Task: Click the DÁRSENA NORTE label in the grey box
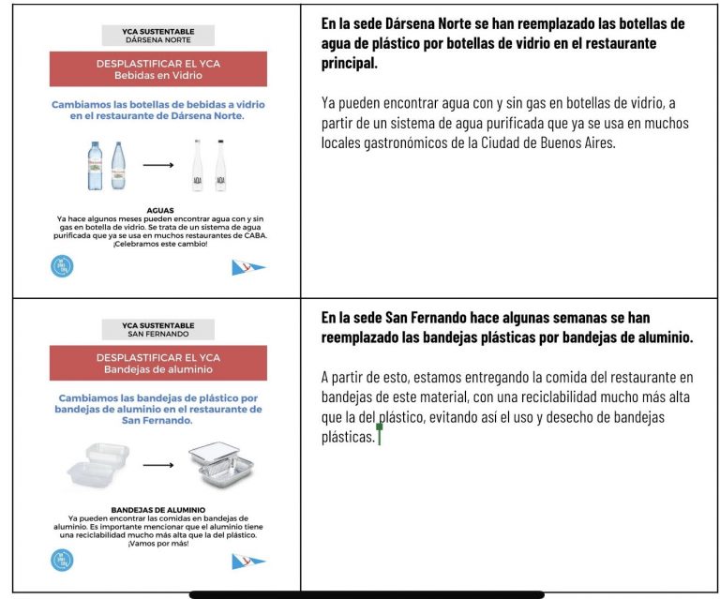click(x=158, y=40)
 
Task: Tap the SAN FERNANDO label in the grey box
click(x=158, y=334)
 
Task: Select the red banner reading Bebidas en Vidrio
click(x=158, y=69)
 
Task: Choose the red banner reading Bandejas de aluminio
click(x=158, y=363)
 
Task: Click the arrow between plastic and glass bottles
click(x=158, y=165)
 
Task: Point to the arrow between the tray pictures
click(x=158, y=464)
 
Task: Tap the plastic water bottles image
click(x=106, y=165)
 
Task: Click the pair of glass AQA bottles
click(x=209, y=166)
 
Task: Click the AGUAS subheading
click(x=161, y=211)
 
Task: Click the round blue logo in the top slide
click(x=62, y=266)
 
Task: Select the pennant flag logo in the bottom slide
click(x=248, y=562)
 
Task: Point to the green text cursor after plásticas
click(x=379, y=435)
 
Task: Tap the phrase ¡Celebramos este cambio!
click(x=159, y=245)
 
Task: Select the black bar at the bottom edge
click(x=367, y=594)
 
